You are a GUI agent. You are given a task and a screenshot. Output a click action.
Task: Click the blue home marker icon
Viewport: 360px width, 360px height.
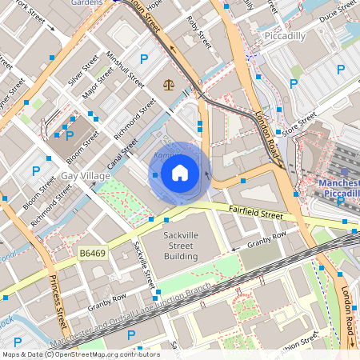180,173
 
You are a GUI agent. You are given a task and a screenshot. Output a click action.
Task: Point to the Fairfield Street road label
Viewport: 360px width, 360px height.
255,214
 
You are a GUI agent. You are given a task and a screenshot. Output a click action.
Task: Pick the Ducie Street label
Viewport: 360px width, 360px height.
337,14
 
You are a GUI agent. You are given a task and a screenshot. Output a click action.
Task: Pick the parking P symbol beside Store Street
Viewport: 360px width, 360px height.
294,83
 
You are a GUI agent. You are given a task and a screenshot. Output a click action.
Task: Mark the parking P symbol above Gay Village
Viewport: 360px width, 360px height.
36,170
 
